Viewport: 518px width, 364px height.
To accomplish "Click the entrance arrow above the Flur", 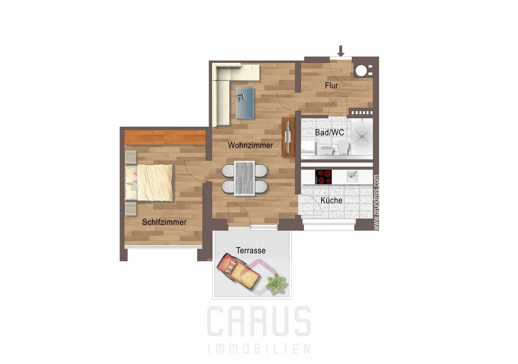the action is click(341, 51).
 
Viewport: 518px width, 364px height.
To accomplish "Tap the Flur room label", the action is click(332, 86).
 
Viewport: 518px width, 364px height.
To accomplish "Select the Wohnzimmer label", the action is click(250, 145).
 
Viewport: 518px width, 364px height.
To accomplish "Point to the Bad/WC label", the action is click(329, 133).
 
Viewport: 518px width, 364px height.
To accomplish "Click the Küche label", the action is click(332, 200).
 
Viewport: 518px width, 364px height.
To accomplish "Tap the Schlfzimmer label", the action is click(164, 222).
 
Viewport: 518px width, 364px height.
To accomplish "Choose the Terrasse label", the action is click(251, 250).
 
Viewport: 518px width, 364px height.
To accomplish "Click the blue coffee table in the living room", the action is click(245, 103).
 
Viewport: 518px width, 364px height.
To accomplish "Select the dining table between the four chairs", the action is click(244, 178).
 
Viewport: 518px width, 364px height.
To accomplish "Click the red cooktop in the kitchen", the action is click(323, 177).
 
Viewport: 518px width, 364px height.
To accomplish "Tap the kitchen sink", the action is click(352, 177).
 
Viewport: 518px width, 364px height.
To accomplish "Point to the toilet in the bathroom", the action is click(344, 147).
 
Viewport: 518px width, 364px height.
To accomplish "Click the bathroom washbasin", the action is click(327, 150).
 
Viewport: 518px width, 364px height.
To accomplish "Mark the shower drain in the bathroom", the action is click(362, 136).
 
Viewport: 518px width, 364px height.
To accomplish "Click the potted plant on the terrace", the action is click(276, 284).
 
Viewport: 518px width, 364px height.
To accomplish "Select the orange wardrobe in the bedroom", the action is click(165, 137).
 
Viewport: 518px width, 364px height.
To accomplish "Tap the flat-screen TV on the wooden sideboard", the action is click(287, 137).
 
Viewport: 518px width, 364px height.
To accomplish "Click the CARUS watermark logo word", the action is click(259, 321).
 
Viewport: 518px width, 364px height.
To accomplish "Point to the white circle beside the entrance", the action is click(361, 70).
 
